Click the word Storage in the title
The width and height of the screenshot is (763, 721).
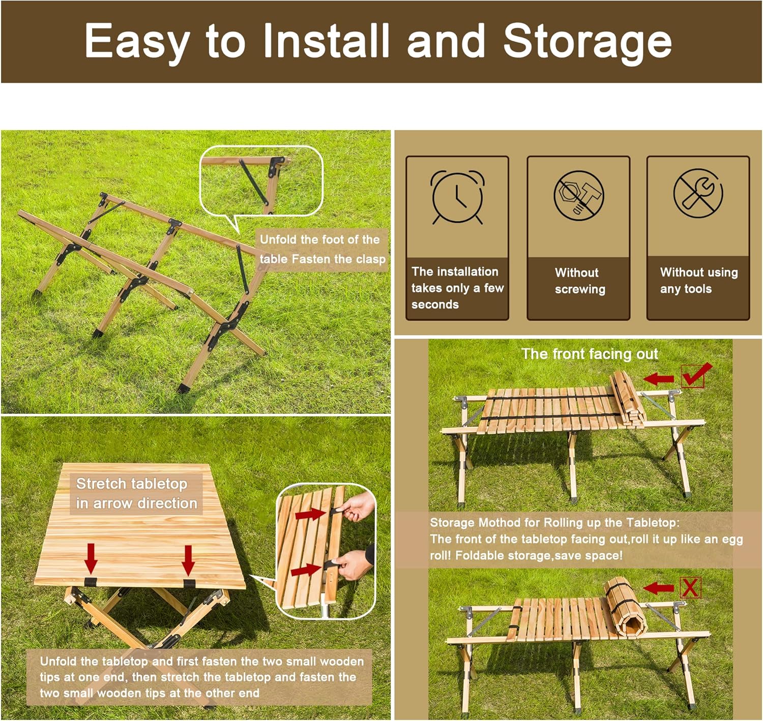tap(587, 42)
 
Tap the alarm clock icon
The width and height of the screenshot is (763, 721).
tap(457, 197)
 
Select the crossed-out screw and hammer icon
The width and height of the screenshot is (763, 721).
tap(578, 195)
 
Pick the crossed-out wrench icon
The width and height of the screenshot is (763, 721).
tap(698, 193)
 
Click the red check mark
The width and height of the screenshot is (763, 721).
tap(696, 375)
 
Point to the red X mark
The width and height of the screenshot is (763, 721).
tap(690, 588)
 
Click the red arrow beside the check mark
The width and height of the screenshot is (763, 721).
tap(659, 378)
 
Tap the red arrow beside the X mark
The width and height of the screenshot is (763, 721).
tap(659, 588)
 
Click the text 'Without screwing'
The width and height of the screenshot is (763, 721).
tap(580, 281)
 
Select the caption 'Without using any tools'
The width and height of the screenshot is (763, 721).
tap(698, 280)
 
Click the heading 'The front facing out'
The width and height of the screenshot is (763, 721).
tap(590, 354)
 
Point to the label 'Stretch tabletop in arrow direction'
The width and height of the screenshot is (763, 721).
tap(136, 493)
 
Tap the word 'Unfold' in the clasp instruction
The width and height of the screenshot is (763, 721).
tap(278, 239)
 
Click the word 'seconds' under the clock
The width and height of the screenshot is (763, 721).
tap(435, 305)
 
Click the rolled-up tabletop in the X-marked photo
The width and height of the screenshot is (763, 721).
tap(624, 609)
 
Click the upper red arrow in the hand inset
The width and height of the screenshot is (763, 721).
tap(310, 514)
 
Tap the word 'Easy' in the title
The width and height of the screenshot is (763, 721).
tap(137, 42)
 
